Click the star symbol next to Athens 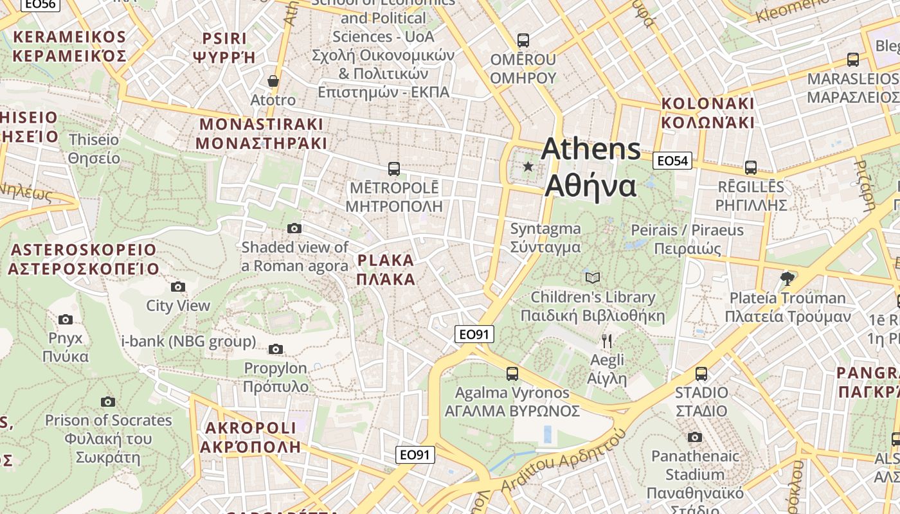tap(528, 167)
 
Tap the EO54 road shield tap(672, 161)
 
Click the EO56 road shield tap(40, 4)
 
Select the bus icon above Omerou tap(523, 40)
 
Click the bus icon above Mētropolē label tap(394, 169)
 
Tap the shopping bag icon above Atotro tap(273, 81)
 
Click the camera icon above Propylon tap(276, 349)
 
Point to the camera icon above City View tap(178, 287)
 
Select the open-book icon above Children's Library tap(593, 278)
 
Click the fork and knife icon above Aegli tap(607, 341)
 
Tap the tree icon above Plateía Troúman tap(787, 278)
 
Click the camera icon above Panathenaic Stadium tap(695, 438)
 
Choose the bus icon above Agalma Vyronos tap(512, 373)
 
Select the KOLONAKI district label tap(707, 112)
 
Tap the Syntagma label tap(545, 238)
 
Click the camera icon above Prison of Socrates tap(108, 402)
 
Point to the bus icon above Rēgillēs tap(751, 168)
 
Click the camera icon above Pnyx tap(66, 319)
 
